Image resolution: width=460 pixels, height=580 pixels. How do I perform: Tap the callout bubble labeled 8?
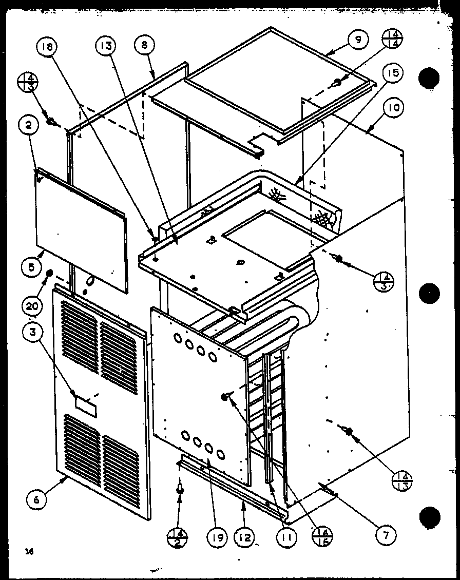click(x=144, y=45)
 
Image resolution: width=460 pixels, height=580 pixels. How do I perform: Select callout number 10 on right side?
click(x=396, y=108)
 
